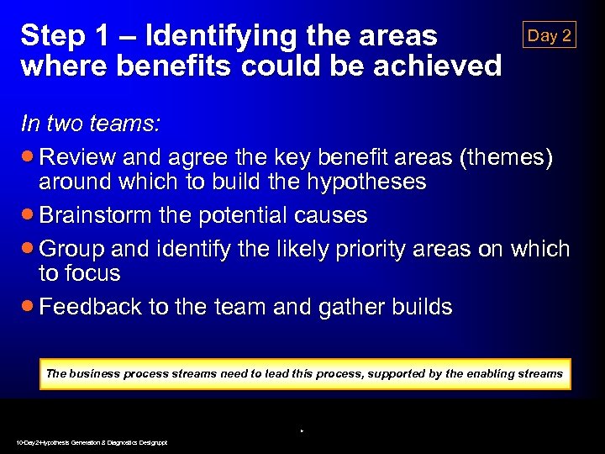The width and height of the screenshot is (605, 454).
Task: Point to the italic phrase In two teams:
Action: [x=91, y=124]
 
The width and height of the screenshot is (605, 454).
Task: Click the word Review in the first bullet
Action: [x=82, y=157]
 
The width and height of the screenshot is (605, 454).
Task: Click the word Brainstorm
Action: [x=95, y=215]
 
